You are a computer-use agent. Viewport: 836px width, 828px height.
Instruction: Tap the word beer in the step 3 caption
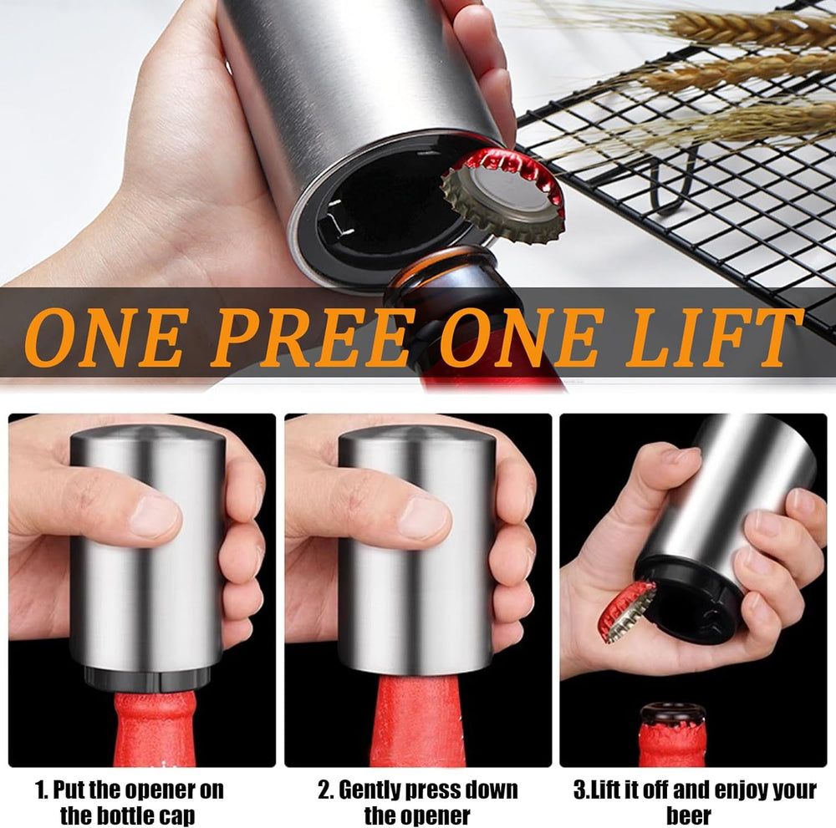coord(689,815)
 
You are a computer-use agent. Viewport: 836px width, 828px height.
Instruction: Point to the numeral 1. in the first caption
coord(42,790)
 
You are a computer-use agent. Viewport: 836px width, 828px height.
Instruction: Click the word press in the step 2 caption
coord(441,790)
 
